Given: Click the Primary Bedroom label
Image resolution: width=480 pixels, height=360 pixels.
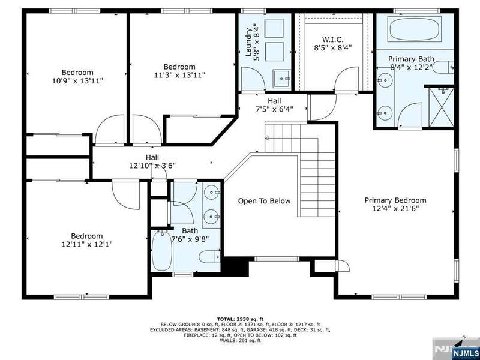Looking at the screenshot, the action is pyautogui.click(x=395, y=200).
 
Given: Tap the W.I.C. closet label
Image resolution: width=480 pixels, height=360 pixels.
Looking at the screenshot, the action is pyautogui.click(x=333, y=40).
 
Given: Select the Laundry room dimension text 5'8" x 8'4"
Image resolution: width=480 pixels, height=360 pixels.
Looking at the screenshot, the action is pyautogui.click(x=257, y=42).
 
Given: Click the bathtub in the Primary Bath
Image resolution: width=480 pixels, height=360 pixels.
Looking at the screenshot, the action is pyautogui.click(x=415, y=29).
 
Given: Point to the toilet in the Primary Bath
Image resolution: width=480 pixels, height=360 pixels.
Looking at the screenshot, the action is pyautogui.click(x=442, y=67).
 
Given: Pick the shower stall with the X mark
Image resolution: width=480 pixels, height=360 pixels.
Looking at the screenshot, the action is pyautogui.click(x=441, y=107).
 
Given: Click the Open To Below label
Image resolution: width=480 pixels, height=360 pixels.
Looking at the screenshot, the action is pyautogui.click(x=264, y=201).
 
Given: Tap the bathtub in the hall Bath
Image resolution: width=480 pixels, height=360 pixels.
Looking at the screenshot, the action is pyautogui.click(x=162, y=251).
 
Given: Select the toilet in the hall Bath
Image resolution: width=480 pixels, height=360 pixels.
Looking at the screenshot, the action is pyautogui.click(x=209, y=257).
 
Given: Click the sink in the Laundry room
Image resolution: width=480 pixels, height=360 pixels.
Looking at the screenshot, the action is pyautogui.click(x=281, y=79).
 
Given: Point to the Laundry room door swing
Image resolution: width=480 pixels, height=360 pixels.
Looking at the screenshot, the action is pyautogui.click(x=253, y=79).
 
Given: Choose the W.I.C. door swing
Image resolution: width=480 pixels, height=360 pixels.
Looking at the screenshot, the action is pyautogui.click(x=347, y=79).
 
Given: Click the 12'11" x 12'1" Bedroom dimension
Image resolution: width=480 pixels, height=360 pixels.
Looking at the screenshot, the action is pyautogui.click(x=87, y=244).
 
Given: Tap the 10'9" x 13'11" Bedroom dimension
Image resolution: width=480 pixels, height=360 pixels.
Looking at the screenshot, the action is pyautogui.click(x=77, y=81).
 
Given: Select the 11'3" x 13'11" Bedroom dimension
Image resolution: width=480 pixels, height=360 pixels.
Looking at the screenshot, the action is pyautogui.click(x=179, y=75).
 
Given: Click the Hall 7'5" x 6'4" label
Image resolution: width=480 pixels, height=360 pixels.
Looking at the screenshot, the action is pyautogui.click(x=274, y=104).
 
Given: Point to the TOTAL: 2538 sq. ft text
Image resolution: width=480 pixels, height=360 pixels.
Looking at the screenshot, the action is pyautogui.click(x=240, y=319).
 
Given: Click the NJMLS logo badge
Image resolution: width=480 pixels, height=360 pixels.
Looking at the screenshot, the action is pyautogui.click(x=466, y=353).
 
